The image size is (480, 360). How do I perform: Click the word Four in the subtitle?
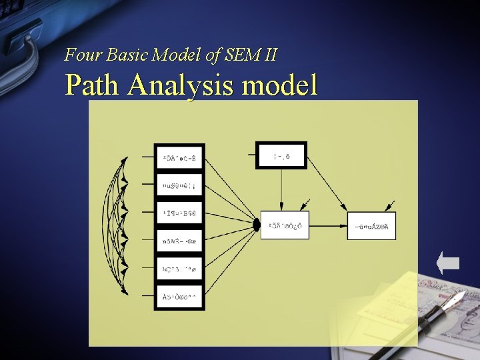point(81,55)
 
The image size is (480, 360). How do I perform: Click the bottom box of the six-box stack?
point(179,297)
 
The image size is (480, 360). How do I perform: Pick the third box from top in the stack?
point(179,213)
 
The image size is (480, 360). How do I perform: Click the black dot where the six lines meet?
point(257,226)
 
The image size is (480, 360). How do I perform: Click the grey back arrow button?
point(448,263)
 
